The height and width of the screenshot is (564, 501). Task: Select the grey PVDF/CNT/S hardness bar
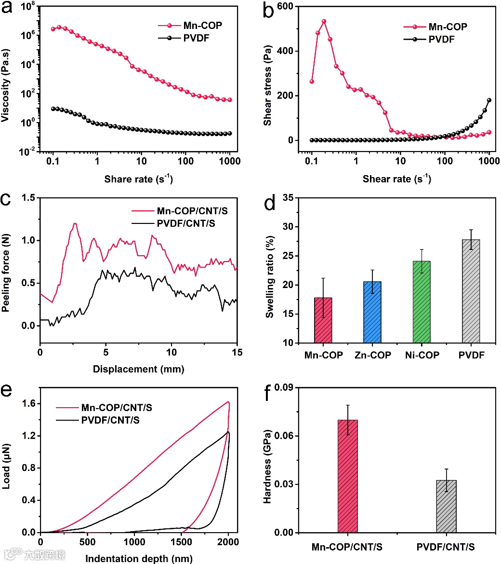[446, 506]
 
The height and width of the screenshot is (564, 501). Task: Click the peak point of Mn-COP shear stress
[324, 21]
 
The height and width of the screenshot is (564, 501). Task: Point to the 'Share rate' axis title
[139, 179]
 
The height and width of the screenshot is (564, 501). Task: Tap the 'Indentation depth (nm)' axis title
[139, 558]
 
